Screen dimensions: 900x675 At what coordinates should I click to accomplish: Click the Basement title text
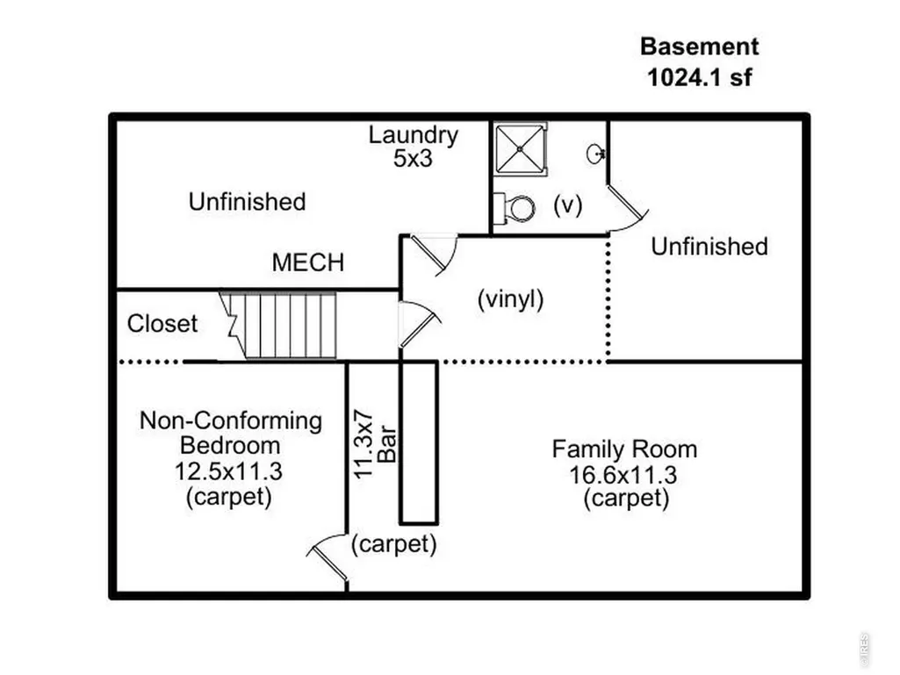click(699, 47)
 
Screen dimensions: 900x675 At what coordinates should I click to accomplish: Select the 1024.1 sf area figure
click(699, 77)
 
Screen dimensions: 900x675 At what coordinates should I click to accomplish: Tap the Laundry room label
click(414, 135)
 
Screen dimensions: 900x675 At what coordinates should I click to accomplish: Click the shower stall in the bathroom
click(520, 149)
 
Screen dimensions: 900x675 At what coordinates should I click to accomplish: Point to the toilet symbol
click(515, 208)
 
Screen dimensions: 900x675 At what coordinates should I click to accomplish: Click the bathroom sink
click(596, 154)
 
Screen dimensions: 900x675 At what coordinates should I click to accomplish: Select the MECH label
click(308, 262)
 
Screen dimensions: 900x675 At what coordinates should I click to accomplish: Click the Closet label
click(162, 324)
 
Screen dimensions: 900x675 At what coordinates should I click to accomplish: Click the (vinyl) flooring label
click(510, 299)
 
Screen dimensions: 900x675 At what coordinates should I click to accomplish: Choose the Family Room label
click(624, 449)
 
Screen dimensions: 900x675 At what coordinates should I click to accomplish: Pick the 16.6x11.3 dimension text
click(623, 475)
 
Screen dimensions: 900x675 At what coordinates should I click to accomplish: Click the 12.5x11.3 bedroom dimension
click(228, 471)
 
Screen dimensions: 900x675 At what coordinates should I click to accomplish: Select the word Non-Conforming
click(231, 420)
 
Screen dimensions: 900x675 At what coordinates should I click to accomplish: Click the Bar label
click(387, 443)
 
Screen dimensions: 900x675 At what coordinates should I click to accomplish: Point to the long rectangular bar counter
click(419, 443)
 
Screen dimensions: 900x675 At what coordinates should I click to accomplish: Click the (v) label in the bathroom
click(568, 205)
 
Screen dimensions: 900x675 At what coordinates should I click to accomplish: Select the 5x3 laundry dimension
click(413, 158)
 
